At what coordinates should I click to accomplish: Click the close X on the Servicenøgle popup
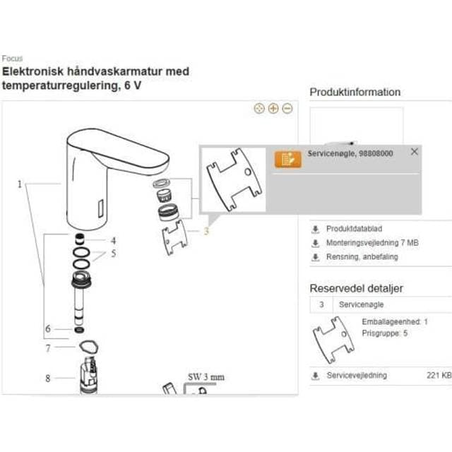point(414,152)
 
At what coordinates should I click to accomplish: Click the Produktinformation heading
point(355,92)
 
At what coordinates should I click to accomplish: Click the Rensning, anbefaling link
point(362,256)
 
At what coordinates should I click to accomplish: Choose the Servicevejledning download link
point(356,375)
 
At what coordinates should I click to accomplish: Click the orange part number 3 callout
point(206,230)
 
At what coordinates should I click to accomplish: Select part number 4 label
point(112,239)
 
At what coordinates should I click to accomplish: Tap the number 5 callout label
point(112,253)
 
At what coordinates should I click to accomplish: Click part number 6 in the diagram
point(48,328)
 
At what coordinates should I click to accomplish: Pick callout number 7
point(48,347)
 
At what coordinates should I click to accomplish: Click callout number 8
point(48,378)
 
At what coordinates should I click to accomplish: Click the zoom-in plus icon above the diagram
point(273,109)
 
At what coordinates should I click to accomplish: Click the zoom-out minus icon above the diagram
point(287,109)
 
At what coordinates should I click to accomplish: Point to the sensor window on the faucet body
point(100,208)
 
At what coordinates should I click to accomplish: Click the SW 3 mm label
point(206,377)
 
